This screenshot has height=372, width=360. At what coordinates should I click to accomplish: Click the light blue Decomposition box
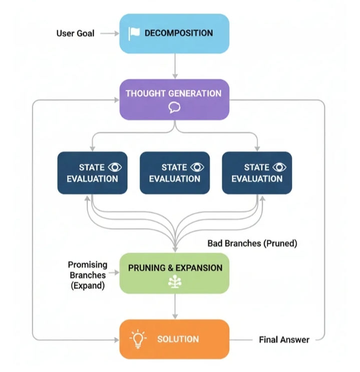pos(174,34)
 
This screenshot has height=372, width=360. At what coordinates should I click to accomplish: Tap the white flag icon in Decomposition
pos(134,34)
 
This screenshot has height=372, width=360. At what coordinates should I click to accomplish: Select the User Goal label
pos(75,34)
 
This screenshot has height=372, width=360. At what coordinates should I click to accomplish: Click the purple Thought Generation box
pos(174,99)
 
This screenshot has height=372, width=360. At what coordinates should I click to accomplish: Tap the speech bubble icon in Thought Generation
pos(174,107)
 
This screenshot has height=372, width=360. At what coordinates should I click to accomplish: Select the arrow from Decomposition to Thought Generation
pos(174,66)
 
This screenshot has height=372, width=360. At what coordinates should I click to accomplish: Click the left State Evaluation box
pos(93,173)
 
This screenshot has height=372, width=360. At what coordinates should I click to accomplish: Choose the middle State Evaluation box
pos(175,173)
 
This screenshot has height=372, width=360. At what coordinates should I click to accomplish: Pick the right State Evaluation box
pos(257,173)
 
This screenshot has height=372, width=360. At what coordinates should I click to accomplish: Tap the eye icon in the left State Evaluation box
pos(115,167)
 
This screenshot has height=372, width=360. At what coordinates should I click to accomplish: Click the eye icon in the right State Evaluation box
pos(279,167)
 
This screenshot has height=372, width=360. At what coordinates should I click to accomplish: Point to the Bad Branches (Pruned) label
pos(252,244)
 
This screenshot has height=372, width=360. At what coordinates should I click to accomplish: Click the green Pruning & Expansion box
pos(174,273)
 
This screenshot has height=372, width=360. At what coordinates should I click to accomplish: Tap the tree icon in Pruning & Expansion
pos(175,282)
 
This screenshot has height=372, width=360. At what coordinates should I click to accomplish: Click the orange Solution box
pos(174,339)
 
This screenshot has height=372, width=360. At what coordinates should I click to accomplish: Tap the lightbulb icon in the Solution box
pos(138,338)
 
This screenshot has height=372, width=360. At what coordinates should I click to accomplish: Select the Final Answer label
pos(284,339)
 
